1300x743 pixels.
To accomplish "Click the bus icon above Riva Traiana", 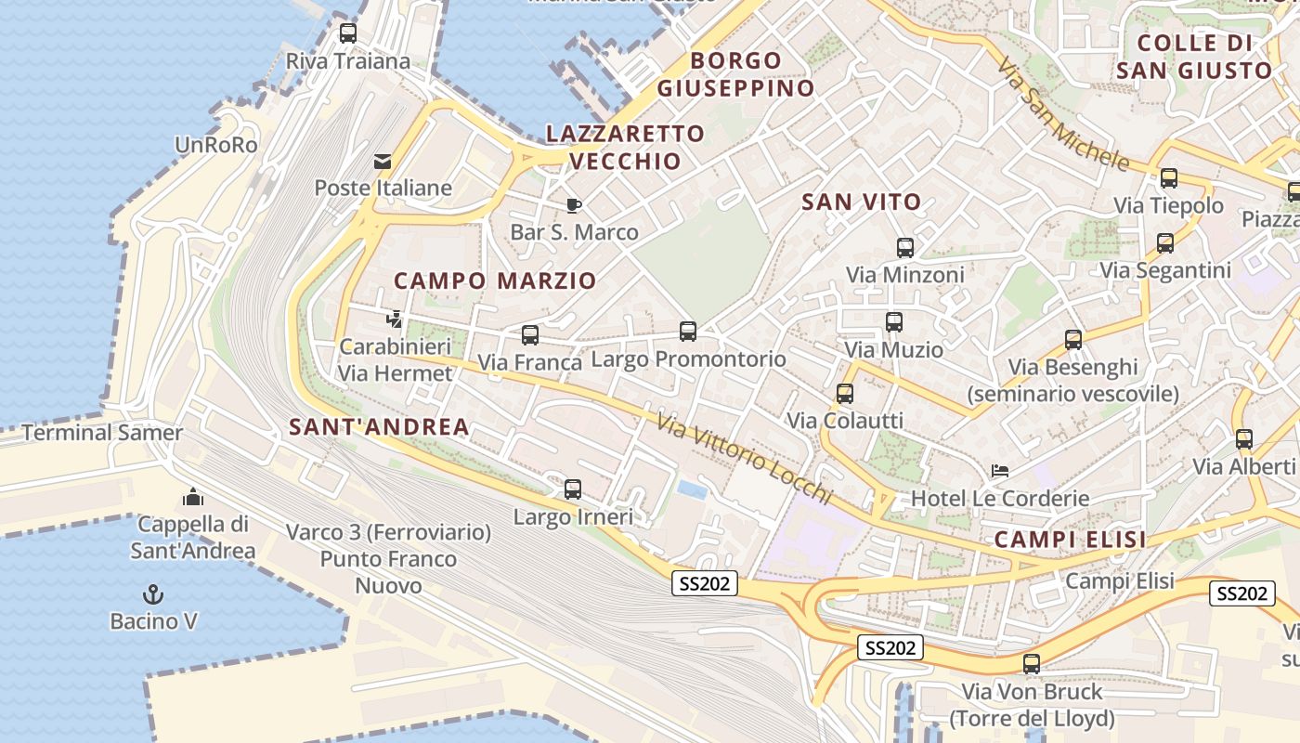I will pos(348,33).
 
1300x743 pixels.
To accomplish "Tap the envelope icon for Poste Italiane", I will pos(382,162).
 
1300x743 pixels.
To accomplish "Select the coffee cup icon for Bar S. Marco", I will pos(574,205).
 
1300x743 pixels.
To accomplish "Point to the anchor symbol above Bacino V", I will pos(152,594).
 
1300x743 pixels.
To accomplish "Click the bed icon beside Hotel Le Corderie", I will pos(1000,471).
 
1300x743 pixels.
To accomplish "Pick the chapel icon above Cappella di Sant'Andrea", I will pos(193,497).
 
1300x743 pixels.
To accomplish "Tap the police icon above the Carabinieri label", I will pos(395,320).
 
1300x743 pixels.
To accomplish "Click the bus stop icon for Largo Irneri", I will pos(573,489).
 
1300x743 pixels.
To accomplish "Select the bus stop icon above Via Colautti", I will pos(845,393).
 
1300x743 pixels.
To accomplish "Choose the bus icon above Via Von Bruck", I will pos(1032,664).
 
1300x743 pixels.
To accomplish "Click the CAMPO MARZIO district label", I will pos(495,280).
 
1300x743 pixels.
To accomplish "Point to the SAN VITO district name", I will pos(861,202).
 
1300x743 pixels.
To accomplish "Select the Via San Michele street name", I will pos(1063,115).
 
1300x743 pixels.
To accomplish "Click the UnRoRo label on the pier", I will pos(216,145).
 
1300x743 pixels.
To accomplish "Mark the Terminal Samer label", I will pos(102,433).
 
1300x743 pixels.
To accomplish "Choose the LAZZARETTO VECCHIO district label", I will pos(625,147).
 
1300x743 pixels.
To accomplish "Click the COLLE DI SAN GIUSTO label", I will pos(1194,57).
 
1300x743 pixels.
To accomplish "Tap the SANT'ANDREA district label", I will pos(379,427).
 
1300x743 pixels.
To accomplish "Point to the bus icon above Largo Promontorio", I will pos(688,332).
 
